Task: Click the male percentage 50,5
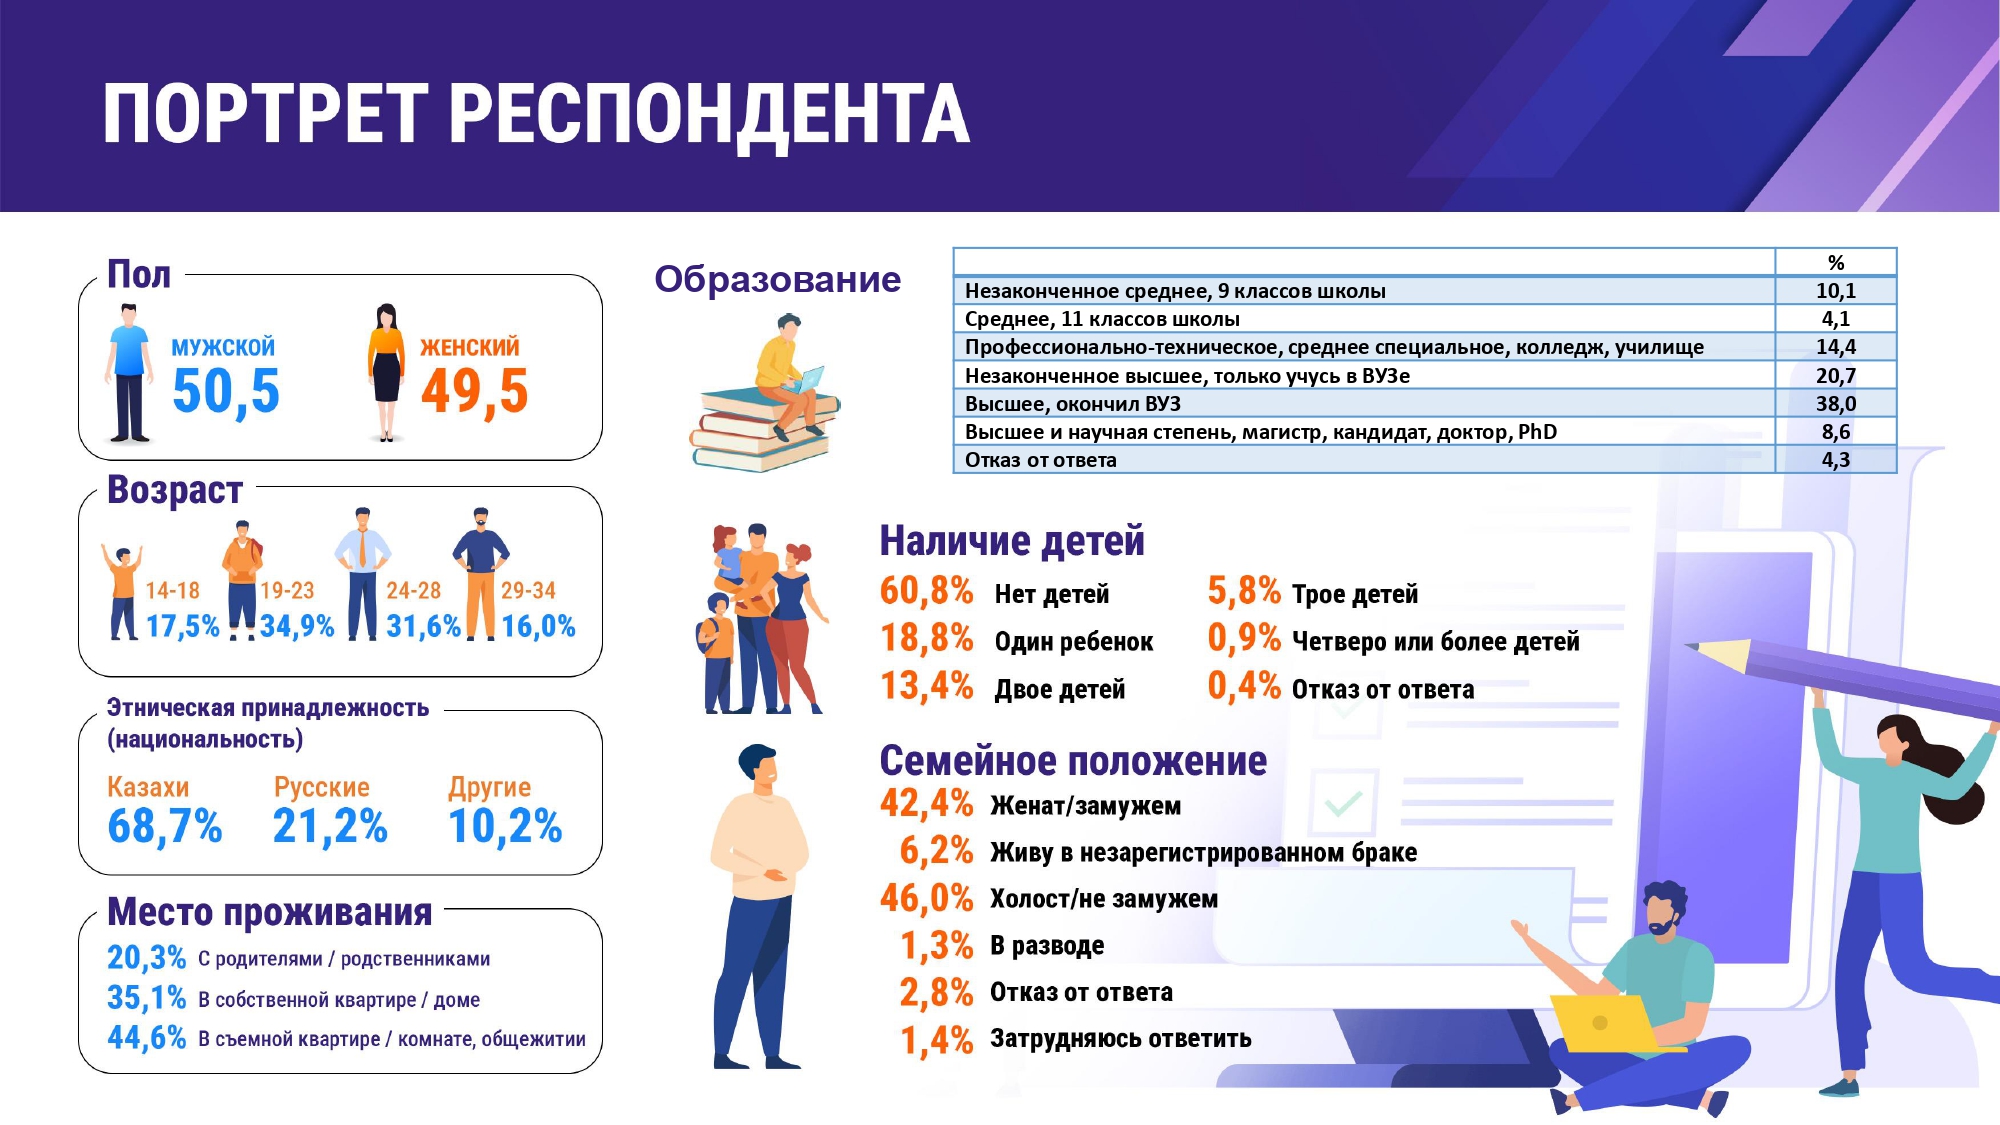[x=226, y=391]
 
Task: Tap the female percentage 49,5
[x=475, y=391]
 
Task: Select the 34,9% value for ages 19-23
[x=297, y=627]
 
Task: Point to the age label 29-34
[x=528, y=591]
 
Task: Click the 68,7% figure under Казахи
[x=165, y=827]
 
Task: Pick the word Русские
[x=322, y=787]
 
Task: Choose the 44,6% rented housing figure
[x=147, y=1038]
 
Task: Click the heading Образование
[x=778, y=279]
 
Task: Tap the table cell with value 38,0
[x=1836, y=404]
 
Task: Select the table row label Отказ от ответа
[x=1041, y=460]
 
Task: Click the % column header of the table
[x=1836, y=263]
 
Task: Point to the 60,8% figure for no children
[x=927, y=591]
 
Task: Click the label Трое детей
[x=1355, y=594]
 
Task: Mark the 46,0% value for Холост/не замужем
[x=927, y=898]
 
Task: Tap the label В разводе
[x=1048, y=945]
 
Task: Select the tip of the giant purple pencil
[x=1688, y=646]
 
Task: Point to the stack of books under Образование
[x=762, y=430]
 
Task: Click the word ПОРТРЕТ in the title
[x=266, y=114]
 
